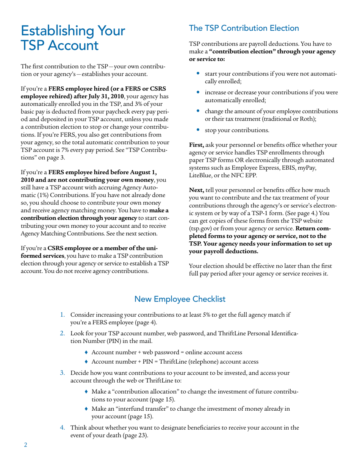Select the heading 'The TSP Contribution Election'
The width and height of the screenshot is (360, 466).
(x=244, y=28)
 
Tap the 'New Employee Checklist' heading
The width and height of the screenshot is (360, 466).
(x=180, y=299)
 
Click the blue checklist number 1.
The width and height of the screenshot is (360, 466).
(x=63, y=315)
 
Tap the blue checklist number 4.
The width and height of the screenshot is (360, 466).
(x=63, y=428)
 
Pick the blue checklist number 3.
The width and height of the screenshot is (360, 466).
(x=63, y=373)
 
